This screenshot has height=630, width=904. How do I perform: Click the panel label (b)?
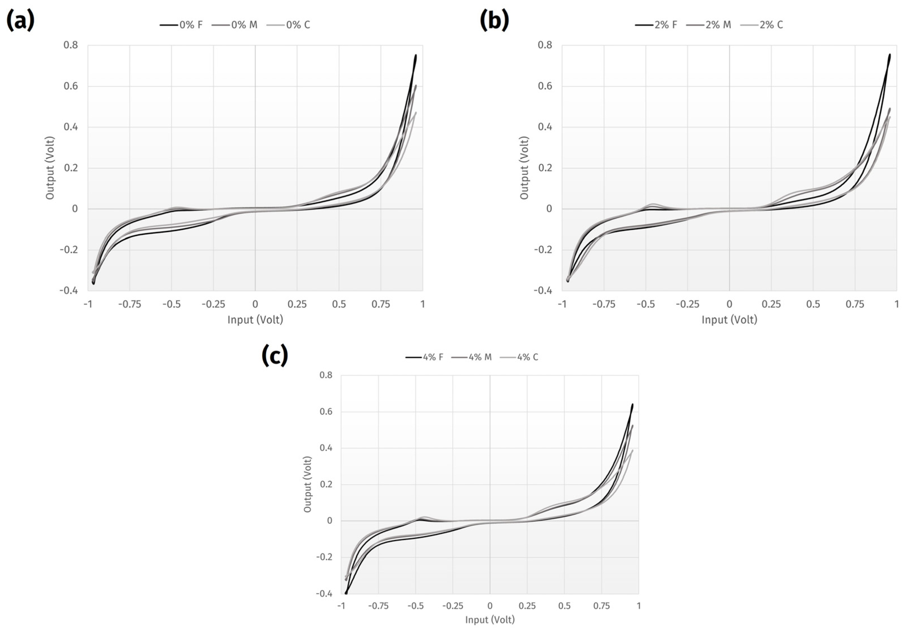point(494,21)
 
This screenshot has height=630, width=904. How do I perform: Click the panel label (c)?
point(275,355)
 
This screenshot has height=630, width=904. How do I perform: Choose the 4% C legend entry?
point(519,357)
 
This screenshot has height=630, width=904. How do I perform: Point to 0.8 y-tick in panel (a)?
point(71,45)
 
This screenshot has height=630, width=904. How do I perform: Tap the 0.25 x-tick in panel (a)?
point(297,304)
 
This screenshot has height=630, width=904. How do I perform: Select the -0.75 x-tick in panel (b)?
point(604,304)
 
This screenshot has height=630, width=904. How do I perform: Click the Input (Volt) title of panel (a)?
point(255,320)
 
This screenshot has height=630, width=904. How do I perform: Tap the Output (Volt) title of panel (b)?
point(524,168)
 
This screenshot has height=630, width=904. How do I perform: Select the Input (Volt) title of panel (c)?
point(490,620)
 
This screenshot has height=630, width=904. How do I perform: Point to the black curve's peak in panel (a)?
point(415,56)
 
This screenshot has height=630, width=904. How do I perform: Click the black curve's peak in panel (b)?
point(889,55)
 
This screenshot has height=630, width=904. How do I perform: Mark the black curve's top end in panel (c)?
point(632,404)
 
